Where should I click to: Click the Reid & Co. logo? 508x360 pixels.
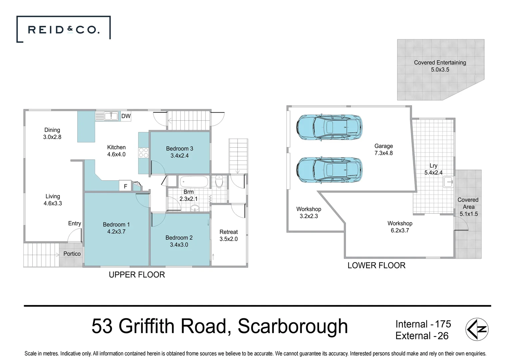(63, 30)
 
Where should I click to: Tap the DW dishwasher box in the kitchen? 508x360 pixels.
(126, 116)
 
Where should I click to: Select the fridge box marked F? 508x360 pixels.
(125, 186)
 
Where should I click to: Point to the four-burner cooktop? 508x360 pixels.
(143, 153)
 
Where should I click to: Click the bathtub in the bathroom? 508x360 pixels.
(194, 182)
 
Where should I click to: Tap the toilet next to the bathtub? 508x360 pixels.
(219, 182)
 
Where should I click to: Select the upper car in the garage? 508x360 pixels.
(329, 127)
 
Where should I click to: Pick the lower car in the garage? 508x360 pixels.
(329, 170)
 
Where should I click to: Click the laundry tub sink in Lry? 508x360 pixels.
(448, 182)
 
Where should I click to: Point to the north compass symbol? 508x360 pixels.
(477, 329)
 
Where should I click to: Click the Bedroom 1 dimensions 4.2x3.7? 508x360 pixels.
(116, 232)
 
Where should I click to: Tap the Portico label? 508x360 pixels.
(72, 254)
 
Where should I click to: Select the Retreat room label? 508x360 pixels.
(229, 232)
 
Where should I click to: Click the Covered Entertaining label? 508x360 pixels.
(440, 62)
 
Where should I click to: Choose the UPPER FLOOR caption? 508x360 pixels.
(137, 275)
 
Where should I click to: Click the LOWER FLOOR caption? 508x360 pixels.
(376, 265)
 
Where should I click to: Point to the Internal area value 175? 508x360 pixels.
(443, 324)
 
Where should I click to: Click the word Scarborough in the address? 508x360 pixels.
(292, 326)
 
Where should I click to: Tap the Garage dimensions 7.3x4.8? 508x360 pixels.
(383, 153)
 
